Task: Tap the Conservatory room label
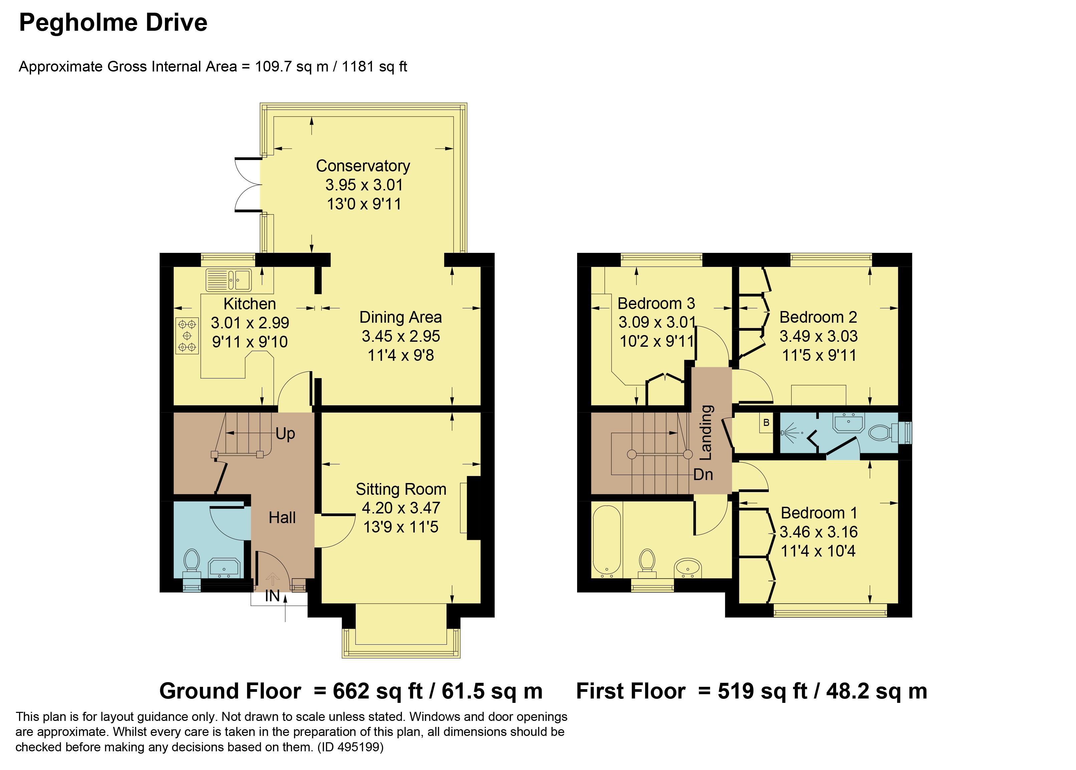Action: [x=363, y=166]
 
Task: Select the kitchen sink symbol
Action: [x=229, y=280]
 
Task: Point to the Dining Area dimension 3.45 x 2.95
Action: [x=401, y=336]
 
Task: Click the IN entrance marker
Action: [x=272, y=596]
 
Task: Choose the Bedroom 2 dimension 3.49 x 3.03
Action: [x=819, y=336]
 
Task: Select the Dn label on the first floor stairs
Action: [x=703, y=475]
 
